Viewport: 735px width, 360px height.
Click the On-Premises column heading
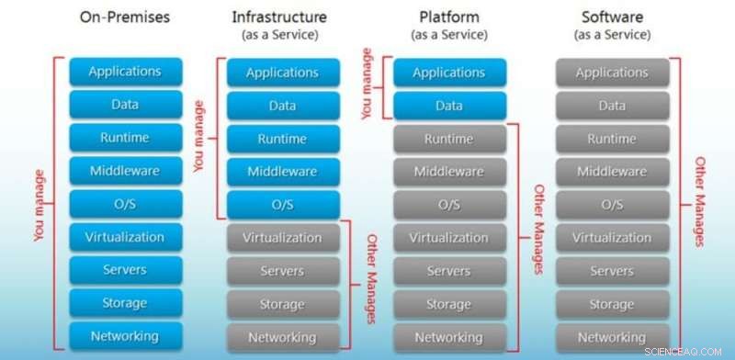click(x=125, y=17)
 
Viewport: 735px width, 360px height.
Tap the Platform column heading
click(x=447, y=17)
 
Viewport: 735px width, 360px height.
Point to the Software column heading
click(x=612, y=17)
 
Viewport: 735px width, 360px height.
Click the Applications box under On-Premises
click(x=125, y=72)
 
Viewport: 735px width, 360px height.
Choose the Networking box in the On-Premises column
click(x=125, y=336)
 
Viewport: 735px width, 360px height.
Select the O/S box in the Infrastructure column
click(x=282, y=204)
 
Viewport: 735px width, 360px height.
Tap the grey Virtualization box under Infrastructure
click(x=282, y=238)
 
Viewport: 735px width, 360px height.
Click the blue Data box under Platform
click(x=448, y=106)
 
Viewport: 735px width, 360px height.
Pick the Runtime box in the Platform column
click(x=448, y=140)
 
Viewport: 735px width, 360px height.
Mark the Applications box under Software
click(x=612, y=73)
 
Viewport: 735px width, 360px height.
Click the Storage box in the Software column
click(x=612, y=304)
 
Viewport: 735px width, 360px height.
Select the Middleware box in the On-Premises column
click(x=125, y=171)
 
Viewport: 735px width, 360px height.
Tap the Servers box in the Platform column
click(x=448, y=271)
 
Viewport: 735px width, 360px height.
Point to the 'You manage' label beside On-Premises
click(x=39, y=204)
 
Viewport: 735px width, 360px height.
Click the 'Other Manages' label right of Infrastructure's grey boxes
click(x=372, y=279)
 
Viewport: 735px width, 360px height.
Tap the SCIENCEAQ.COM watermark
click(x=691, y=352)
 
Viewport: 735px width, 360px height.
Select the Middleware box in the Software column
click(x=612, y=172)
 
